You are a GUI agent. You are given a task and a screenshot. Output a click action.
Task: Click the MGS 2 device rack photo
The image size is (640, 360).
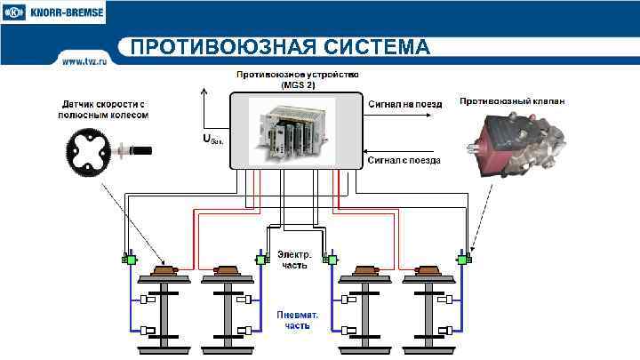(293, 132)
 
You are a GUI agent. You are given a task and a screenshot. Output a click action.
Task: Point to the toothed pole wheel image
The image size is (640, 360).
(92, 151)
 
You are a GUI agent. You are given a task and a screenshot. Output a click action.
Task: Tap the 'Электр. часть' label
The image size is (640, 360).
(293, 259)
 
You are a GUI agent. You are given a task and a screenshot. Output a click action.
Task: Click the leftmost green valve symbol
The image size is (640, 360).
(128, 260)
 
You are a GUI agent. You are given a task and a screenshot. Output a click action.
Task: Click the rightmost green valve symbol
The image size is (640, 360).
(462, 260)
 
